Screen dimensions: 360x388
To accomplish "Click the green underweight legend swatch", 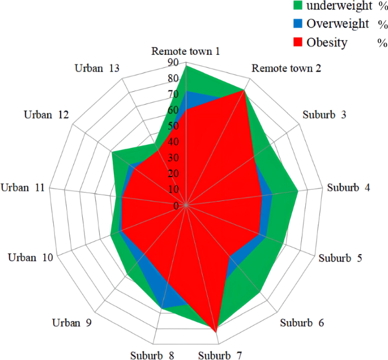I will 298,6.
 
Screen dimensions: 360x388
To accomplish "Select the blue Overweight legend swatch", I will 298,24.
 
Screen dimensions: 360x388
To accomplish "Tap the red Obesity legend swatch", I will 298,42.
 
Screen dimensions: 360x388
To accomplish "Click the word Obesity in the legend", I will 327,42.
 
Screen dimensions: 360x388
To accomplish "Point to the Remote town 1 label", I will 186,52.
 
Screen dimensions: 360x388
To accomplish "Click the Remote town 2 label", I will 287,68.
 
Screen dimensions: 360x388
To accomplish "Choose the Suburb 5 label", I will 340,258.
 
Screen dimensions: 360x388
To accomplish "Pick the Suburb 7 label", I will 221,355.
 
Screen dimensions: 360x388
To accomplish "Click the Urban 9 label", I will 73,323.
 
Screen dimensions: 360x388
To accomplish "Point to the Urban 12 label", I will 46,115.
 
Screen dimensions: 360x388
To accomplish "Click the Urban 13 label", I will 97,68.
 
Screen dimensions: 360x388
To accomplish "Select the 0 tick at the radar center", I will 176,205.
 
